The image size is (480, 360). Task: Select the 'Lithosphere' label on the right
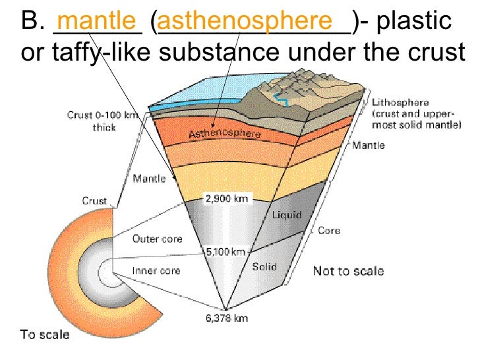[x=400, y=103]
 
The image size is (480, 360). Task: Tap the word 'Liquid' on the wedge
[x=287, y=216]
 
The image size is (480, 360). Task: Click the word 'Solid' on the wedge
[x=264, y=267]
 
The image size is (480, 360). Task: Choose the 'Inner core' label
[x=156, y=270]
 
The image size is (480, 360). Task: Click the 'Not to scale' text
[x=347, y=271]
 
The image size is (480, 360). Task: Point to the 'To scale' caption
[x=45, y=334]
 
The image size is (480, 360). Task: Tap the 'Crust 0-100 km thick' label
[x=104, y=121]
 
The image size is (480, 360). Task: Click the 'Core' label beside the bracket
[x=329, y=231]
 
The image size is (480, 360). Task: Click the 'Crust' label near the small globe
[x=94, y=201]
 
